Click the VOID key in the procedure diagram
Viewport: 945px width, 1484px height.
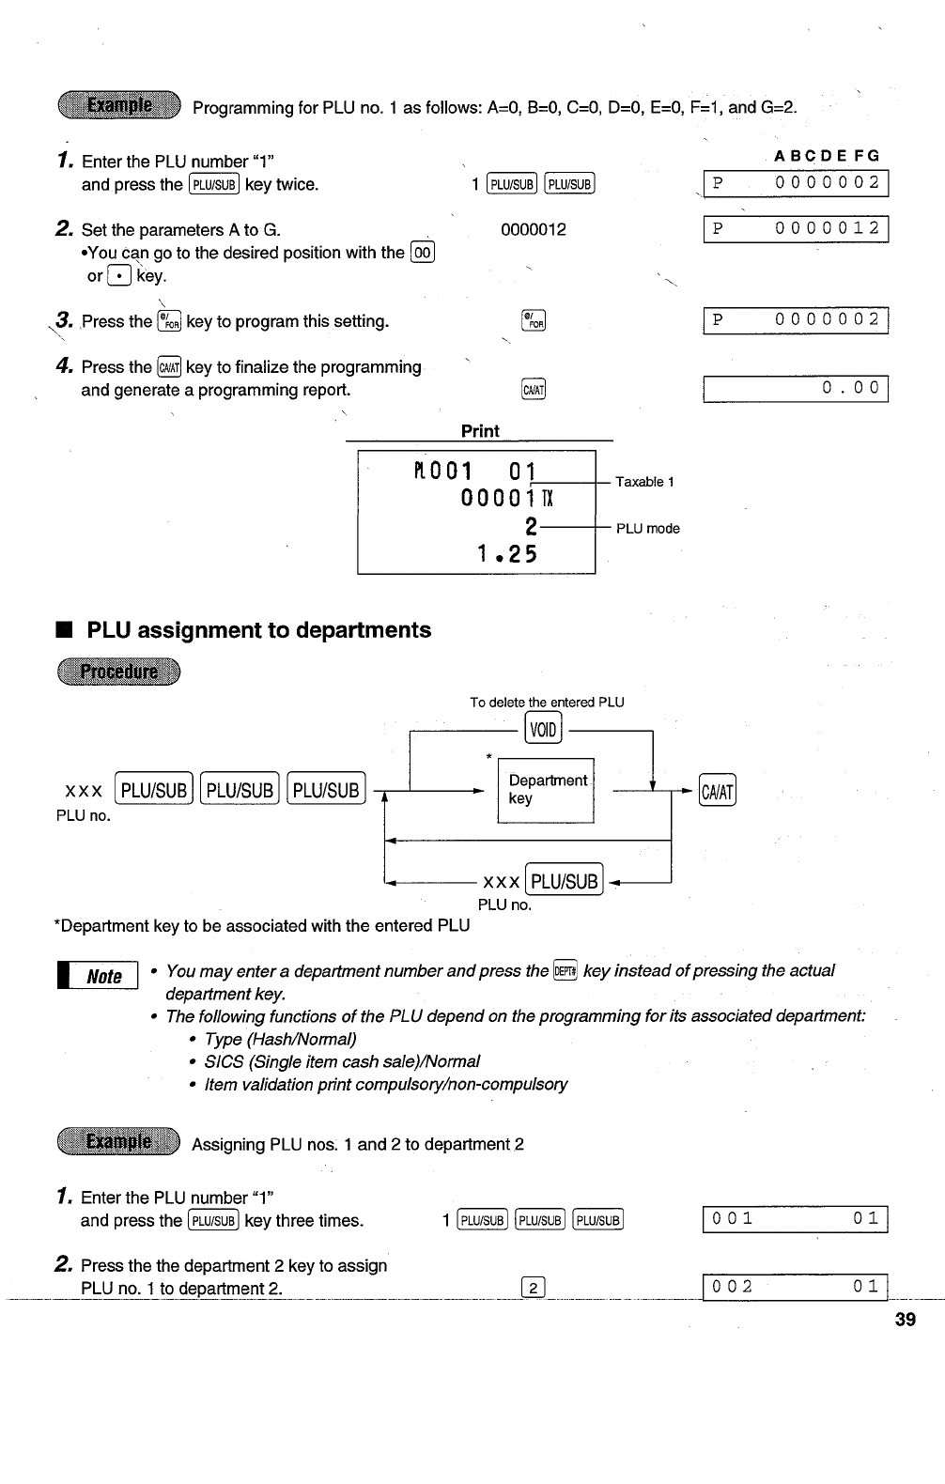pos(544,728)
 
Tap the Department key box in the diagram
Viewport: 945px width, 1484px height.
pos(546,790)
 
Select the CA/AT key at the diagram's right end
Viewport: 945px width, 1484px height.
pos(719,791)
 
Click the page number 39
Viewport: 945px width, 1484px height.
pos(906,1320)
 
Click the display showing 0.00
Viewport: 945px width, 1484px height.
pos(796,388)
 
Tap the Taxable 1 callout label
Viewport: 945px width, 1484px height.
pos(644,482)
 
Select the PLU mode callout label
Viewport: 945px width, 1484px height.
pos(647,529)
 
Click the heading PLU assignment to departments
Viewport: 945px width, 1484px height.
pos(258,630)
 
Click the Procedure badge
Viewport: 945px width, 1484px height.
pos(118,672)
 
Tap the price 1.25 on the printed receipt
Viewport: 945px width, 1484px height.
pos(506,554)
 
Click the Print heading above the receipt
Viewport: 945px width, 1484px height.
pos(480,431)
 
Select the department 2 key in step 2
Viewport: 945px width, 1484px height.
pos(533,1288)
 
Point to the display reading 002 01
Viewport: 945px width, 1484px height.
pos(796,1287)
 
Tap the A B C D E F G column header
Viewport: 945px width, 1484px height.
pos(827,157)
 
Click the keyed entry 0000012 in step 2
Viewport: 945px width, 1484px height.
pos(534,230)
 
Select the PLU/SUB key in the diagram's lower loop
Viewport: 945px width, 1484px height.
pos(565,881)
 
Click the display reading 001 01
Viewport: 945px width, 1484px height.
pos(796,1219)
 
